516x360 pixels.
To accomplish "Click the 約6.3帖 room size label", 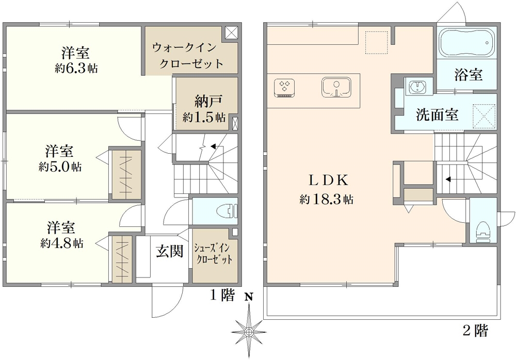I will (77, 68).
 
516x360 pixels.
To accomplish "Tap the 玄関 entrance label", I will (169, 252).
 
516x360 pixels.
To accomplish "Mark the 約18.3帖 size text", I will (327, 200).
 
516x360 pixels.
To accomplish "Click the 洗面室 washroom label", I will (437, 114).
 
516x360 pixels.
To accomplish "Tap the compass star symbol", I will (249, 328).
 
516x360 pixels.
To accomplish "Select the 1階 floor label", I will (222, 296).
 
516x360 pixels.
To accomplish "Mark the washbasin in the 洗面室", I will (416, 87).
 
